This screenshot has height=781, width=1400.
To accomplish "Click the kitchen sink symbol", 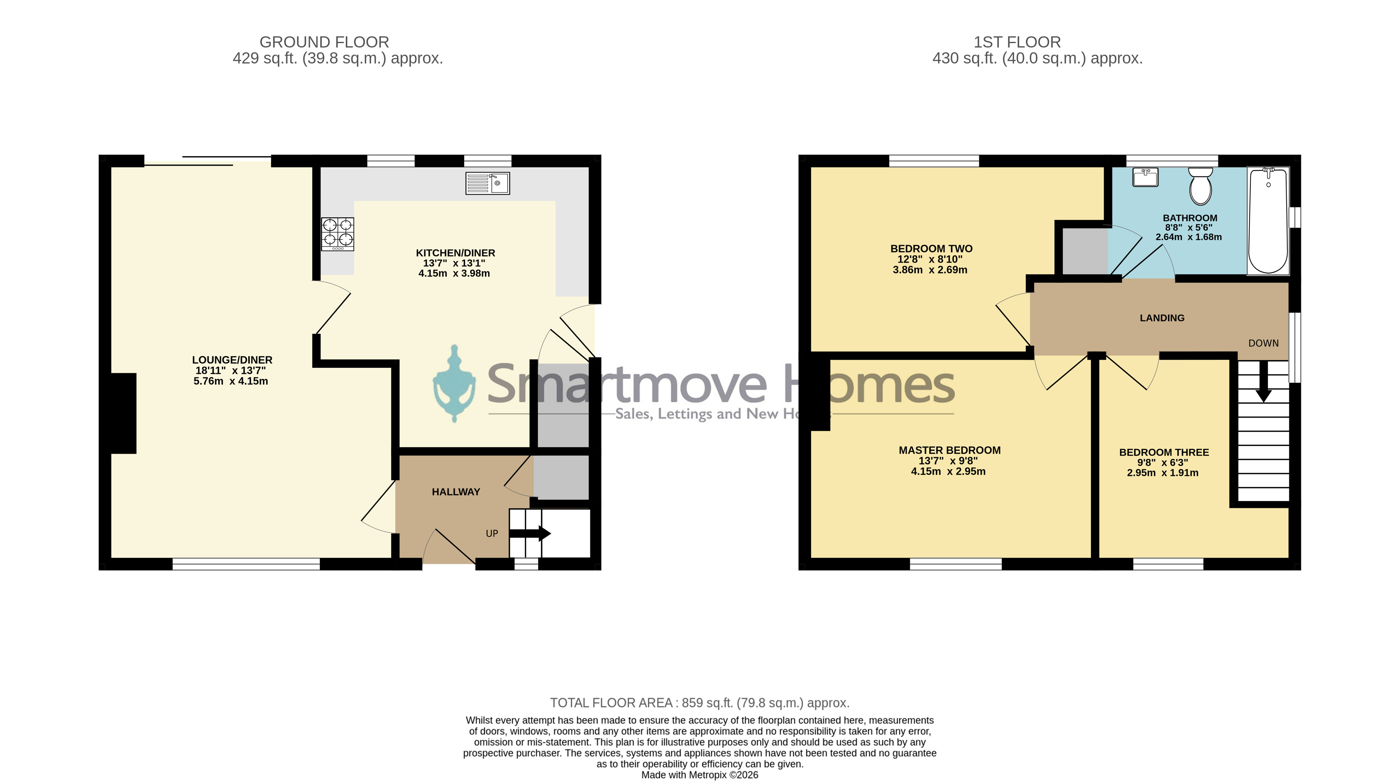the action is (487, 183).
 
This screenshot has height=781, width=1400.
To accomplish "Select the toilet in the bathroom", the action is (1200, 185).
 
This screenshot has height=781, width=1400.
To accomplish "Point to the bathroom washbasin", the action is (1146, 177).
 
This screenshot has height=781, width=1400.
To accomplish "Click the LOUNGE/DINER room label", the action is (232, 360).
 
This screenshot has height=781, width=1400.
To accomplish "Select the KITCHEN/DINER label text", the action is (455, 253).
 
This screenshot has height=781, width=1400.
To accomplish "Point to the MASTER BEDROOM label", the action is (949, 450).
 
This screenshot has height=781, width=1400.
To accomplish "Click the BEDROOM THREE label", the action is (1164, 452).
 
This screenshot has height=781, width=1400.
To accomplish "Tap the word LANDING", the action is (1162, 318).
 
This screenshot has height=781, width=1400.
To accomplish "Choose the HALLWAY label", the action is (456, 492).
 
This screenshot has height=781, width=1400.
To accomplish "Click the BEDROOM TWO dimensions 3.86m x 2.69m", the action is (930, 270).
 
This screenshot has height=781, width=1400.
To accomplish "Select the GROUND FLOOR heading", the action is (325, 42).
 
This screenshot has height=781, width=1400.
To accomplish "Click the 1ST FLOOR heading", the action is (1017, 42).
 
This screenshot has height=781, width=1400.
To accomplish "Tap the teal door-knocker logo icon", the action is (454, 383).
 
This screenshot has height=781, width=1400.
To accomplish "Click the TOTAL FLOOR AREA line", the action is (699, 703).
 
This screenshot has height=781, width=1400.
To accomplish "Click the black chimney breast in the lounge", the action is (123, 413).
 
